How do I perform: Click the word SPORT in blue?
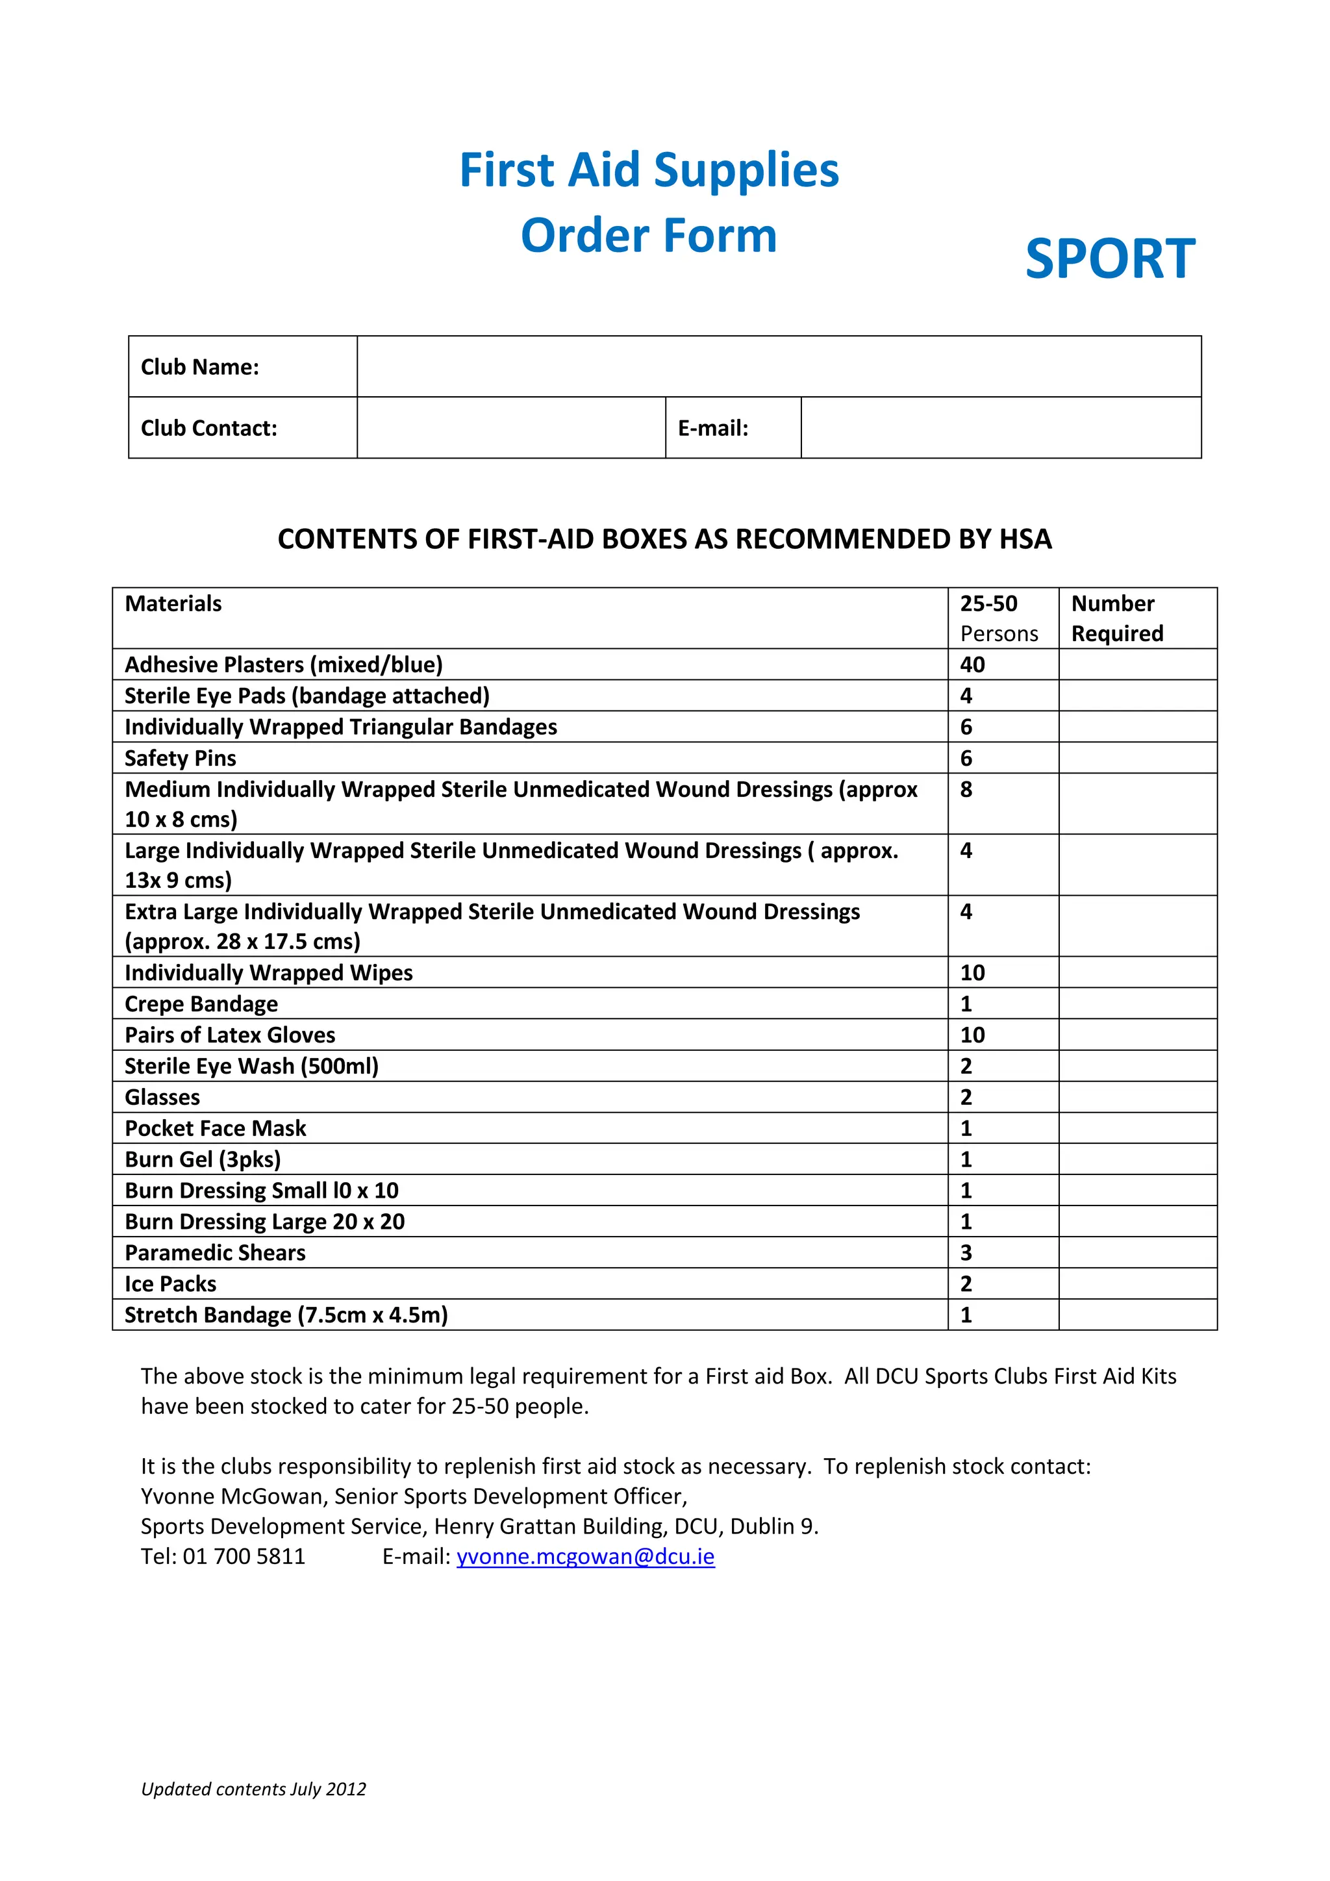[x=1110, y=259]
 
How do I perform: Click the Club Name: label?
[x=200, y=367]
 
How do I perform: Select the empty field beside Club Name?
[x=778, y=367]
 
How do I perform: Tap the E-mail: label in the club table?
[x=712, y=429]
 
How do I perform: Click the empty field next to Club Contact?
[x=511, y=429]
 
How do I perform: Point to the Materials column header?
[x=173, y=604]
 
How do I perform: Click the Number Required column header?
[x=1116, y=618]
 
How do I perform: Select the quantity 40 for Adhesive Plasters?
[x=972, y=664]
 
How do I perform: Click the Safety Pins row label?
[x=180, y=759]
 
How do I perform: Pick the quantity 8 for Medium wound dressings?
[x=966, y=790]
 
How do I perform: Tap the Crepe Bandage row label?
[x=201, y=1004]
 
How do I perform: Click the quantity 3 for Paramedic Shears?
[x=966, y=1254]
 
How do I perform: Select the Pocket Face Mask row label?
[x=216, y=1129]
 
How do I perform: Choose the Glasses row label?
[x=162, y=1098]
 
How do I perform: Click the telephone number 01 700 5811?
[x=244, y=1557]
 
